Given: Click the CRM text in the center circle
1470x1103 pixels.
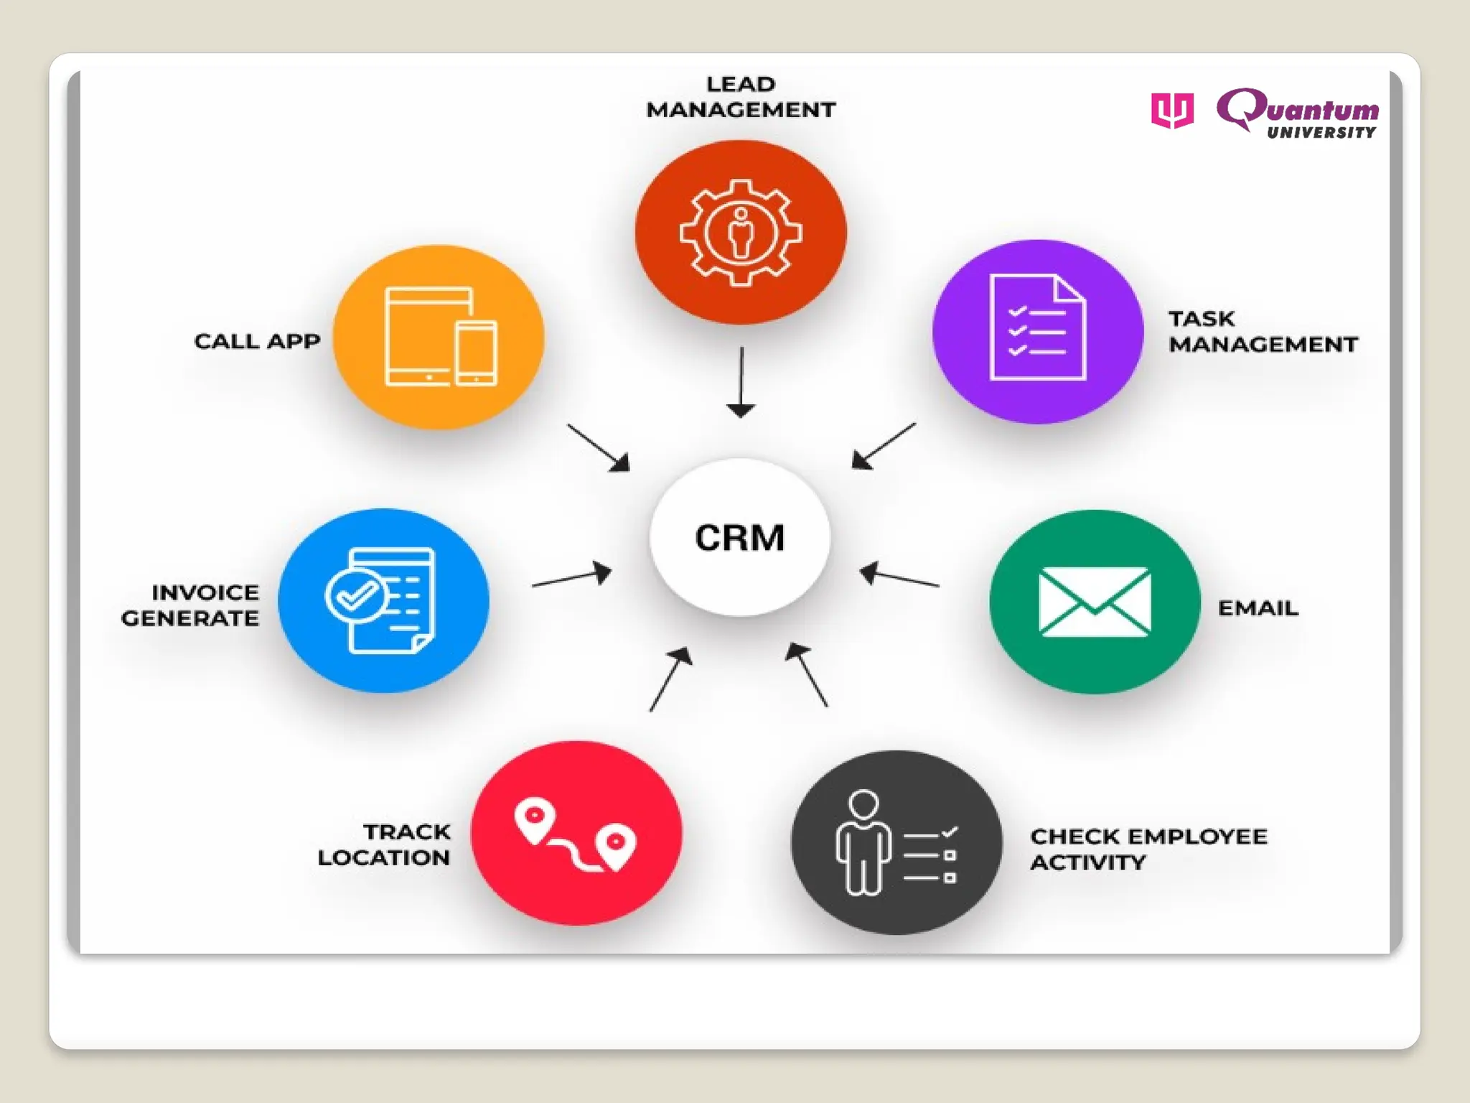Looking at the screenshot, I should click(x=740, y=538).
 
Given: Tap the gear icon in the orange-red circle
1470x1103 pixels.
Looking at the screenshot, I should click(x=741, y=233).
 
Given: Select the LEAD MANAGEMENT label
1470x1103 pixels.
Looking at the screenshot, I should click(x=741, y=97).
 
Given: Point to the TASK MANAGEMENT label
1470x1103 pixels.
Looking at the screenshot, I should click(x=1263, y=332).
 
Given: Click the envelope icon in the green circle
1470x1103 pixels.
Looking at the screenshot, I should click(x=1094, y=602).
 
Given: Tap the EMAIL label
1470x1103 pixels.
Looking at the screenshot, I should click(x=1258, y=608).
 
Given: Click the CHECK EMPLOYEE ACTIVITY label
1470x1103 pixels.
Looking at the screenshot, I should click(x=1148, y=850).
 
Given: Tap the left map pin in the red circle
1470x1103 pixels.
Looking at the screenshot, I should click(x=535, y=819).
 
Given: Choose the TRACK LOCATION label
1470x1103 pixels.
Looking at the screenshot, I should click(x=385, y=844).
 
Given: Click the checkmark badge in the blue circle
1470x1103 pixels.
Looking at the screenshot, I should click(x=355, y=595).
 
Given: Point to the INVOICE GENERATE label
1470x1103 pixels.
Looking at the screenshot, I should click(x=191, y=605).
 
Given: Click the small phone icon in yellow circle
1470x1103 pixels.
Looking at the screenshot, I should click(x=476, y=353).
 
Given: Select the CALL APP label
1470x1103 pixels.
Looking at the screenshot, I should click(x=257, y=341).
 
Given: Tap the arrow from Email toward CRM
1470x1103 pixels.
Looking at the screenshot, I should click(x=899, y=577).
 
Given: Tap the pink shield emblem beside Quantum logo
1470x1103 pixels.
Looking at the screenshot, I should click(x=1172, y=111).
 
